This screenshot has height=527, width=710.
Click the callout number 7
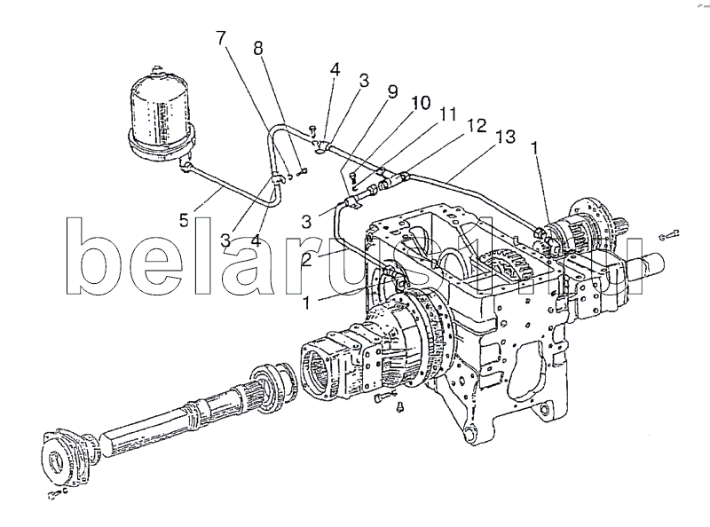tap(220, 38)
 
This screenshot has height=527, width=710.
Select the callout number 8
tap(258, 49)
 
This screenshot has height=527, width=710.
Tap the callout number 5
tap(184, 221)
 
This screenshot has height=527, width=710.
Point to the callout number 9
tap(392, 91)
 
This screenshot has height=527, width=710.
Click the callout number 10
tap(421, 103)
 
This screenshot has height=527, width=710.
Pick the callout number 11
tap(448, 114)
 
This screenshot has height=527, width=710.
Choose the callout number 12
tap(477, 125)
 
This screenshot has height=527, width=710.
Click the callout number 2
tap(306, 259)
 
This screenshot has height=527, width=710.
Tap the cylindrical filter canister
tap(162, 114)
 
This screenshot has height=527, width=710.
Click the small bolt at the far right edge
tap(670, 234)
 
